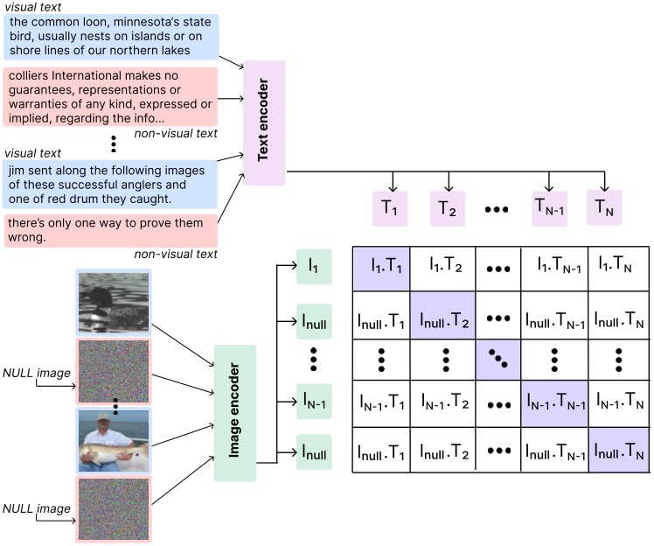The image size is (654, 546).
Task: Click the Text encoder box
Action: [264, 122]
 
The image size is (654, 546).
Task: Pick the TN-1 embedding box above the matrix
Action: [549, 208]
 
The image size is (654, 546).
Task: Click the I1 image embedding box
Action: [314, 265]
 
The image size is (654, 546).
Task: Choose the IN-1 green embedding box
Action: [314, 402]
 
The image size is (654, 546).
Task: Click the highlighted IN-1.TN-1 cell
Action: [554, 403]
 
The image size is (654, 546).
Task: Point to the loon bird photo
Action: [114, 303]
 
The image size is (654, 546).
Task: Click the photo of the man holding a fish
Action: [114, 440]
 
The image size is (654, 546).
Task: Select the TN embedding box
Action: [604, 207]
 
